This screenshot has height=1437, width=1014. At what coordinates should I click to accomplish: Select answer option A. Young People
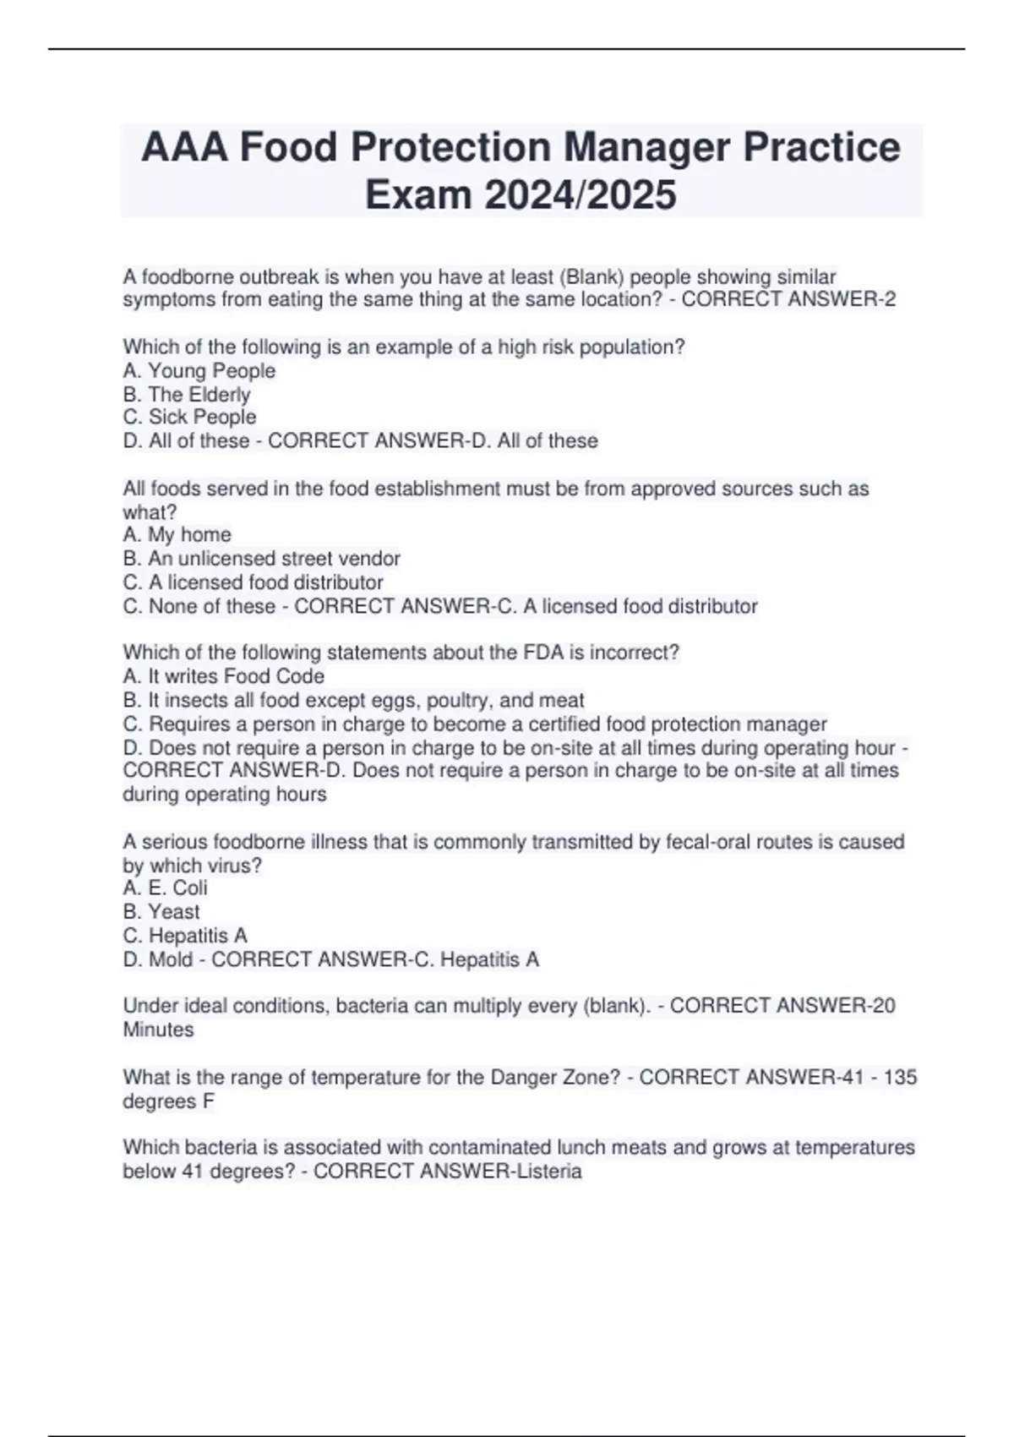point(199,371)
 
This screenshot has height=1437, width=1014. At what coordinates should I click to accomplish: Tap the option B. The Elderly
point(187,395)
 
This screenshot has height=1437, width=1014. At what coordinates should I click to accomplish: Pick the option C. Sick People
point(189,418)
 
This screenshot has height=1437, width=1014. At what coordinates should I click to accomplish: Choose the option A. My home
point(177,535)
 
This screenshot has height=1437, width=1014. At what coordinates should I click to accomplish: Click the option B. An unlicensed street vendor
point(261,559)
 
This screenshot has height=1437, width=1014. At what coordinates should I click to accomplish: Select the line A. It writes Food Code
point(223,676)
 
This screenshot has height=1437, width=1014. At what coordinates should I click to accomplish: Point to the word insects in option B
point(210,700)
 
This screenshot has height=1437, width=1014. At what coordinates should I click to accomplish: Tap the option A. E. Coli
point(165,888)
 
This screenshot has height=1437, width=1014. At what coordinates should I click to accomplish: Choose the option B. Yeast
point(161,911)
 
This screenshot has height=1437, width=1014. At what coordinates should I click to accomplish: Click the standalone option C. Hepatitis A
point(185,936)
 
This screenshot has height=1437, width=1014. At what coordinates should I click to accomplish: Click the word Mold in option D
point(171,959)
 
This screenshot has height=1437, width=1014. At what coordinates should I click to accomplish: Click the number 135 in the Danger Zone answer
point(900,1078)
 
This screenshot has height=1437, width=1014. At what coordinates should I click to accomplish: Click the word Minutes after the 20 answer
point(158,1030)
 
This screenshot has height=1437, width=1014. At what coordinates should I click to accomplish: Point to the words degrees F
point(168,1101)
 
